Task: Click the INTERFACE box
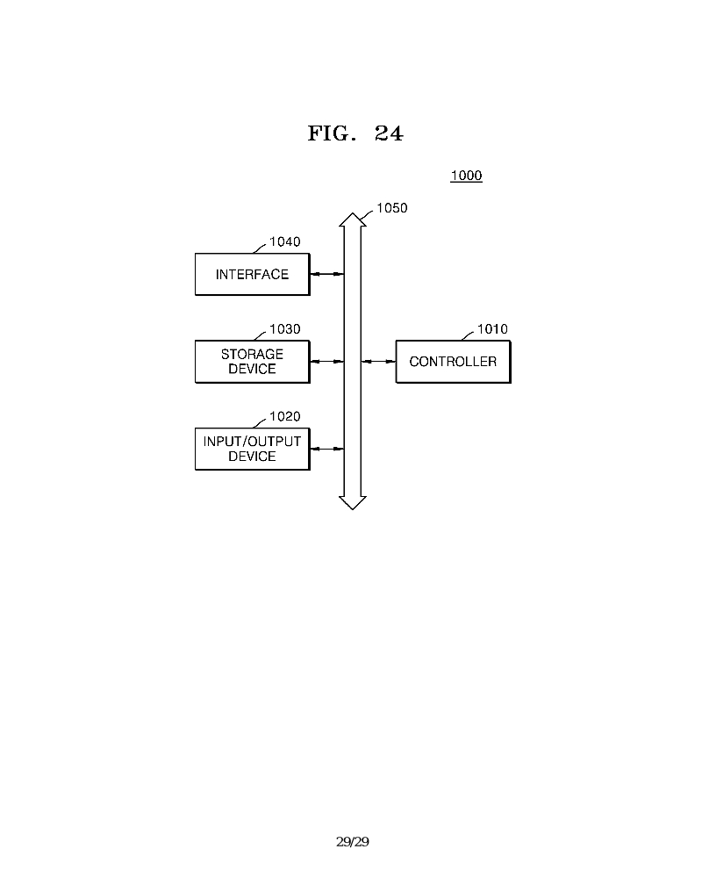(x=252, y=275)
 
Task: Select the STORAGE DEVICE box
(x=252, y=362)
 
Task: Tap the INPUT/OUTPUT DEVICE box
(x=252, y=449)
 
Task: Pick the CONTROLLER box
(x=453, y=362)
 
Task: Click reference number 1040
(x=284, y=241)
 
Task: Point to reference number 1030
(x=284, y=329)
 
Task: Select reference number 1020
(x=284, y=416)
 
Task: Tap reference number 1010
(x=491, y=329)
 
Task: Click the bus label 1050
(x=391, y=208)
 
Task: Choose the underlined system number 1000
(x=466, y=176)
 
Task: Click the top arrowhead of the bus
(x=352, y=219)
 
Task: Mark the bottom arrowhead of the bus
(x=352, y=501)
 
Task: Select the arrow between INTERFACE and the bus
(x=326, y=275)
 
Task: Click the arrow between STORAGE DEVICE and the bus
(x=326, y=362)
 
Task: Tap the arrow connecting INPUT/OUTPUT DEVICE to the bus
(x=326, y=449)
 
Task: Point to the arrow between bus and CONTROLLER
(x=379, y=362)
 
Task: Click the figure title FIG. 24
(x=355, y=133)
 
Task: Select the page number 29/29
(x=353, y=842)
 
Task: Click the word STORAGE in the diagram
(x=252, y=355)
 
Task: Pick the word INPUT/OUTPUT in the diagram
(x=252, y=441)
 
